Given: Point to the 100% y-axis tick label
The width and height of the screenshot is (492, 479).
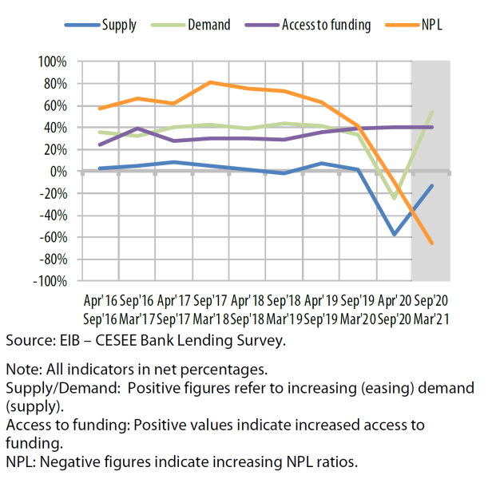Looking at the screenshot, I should click(53, 61).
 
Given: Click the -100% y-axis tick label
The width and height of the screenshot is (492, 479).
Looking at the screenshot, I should click(50, 281).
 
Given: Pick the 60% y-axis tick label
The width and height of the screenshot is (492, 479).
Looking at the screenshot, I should click(55, 105).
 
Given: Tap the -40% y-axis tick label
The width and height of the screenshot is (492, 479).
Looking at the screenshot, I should click(53, 216).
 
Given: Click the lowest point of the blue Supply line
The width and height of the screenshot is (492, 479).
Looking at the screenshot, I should click(395, 235).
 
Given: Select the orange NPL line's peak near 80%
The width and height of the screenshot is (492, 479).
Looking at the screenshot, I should click(209, 82).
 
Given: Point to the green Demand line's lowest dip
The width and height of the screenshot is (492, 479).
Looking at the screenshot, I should click(395, 198).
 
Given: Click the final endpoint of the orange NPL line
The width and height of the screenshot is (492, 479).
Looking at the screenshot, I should click(432, 243).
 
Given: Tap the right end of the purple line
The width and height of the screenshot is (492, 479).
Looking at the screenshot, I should click(432, 127).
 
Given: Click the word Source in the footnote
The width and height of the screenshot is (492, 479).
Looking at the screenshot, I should click(30, 341).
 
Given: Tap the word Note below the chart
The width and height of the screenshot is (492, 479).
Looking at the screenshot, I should click(21, 370).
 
